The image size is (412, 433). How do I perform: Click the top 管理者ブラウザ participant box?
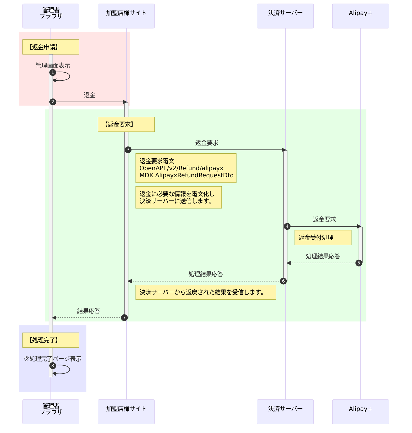pos(51,16)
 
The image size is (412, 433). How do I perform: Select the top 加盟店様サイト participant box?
pos(126,16)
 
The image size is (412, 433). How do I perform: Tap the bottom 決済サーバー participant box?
pos(285,412)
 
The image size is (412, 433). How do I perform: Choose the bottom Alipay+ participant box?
pos(360,412)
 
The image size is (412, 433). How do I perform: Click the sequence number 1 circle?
pos(53,72)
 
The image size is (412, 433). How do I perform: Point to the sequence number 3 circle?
pos(128,150)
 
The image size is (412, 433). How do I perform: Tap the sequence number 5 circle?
pos(359,263)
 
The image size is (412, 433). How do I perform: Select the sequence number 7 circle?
pos(124,318)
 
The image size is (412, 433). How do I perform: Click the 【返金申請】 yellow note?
pos(51,47)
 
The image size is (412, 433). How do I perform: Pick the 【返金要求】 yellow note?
pos(126,124)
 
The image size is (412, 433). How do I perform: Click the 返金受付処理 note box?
pos(323,238)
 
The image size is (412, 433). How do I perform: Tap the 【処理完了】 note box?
pos(51,340)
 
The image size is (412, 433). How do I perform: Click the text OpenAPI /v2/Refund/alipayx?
pos(181,168)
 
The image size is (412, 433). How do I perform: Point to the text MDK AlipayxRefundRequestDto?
pos(186,175)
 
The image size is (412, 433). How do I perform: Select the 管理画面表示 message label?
pos(53,66)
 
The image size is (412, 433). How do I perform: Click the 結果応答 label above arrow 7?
pos(89,311)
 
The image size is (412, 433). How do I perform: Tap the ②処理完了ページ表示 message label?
pos(53,359)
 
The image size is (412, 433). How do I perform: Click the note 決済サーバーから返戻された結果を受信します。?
pos(205,292)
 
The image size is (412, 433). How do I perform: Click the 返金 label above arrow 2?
pos(90,95)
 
